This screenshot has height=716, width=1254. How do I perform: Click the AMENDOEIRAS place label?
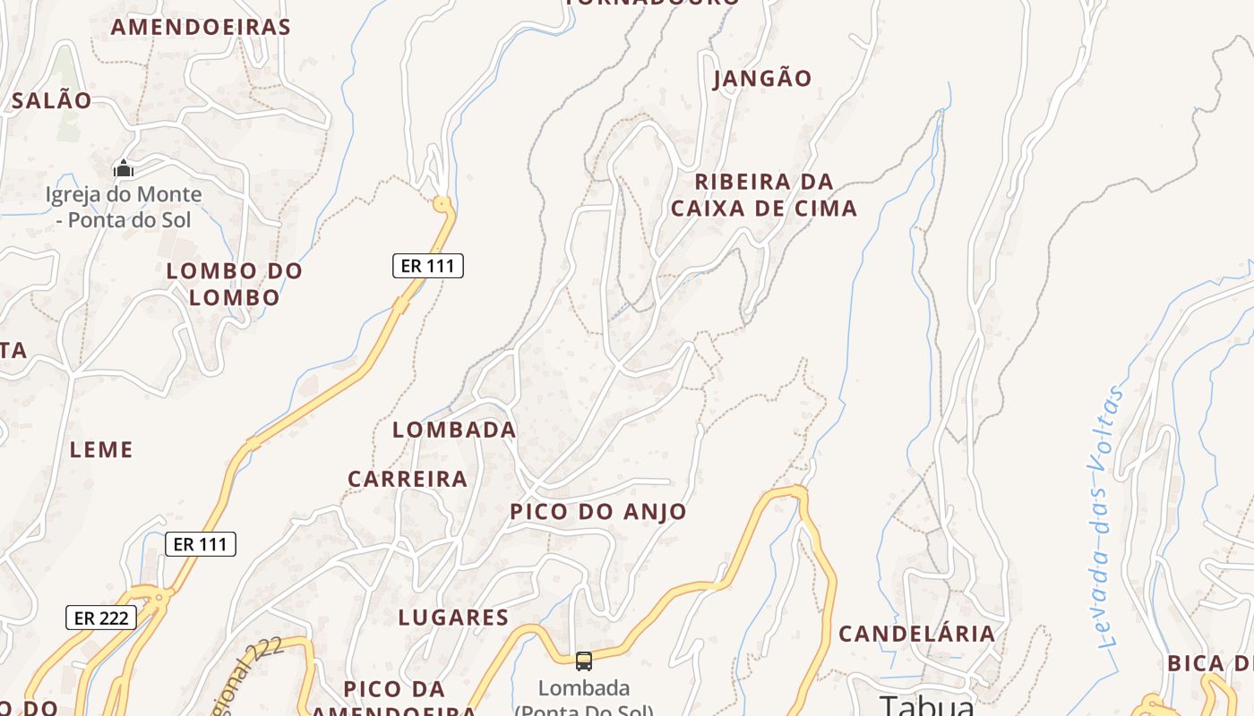(201, 27)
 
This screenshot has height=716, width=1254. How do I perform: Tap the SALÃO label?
(51, 100)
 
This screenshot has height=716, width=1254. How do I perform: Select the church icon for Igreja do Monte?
(124, 168)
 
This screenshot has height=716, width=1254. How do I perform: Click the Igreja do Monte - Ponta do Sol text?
(124, 207)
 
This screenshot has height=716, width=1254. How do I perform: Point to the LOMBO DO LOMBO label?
(235, 284)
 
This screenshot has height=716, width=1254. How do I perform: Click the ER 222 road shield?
(101, 618)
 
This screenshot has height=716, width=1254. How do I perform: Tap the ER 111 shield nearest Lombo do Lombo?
(428, 266)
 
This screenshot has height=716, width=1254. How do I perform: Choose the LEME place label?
(101, 449)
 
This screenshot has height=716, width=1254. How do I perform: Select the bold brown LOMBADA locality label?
(454, 430)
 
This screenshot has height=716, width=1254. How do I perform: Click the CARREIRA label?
(408, 479)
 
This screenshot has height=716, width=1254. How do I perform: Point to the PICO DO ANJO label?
(598, 512)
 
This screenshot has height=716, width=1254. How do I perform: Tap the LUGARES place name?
(453, 618)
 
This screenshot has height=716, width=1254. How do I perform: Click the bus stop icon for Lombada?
(584, 661)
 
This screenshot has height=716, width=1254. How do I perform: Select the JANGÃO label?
(762, 79)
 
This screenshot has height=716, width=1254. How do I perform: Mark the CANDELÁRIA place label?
(916, 634)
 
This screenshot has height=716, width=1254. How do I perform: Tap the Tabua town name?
(926, 704)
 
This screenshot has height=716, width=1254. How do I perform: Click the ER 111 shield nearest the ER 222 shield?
(201, 544)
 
